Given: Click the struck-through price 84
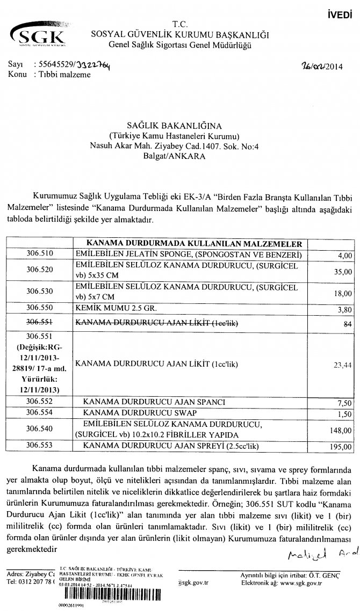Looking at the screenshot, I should pos(348,322).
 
